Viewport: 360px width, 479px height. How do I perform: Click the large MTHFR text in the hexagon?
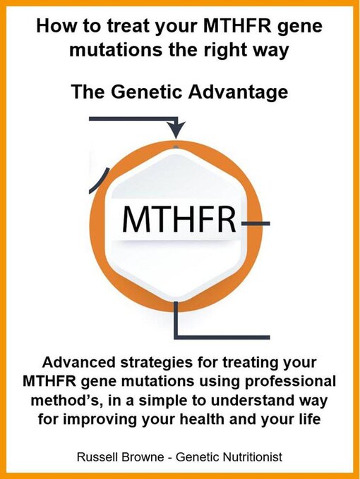[x=179, y=220]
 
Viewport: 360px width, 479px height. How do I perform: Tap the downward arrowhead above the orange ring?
[x=176, y=129]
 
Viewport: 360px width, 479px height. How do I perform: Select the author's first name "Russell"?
[x=100, y=457]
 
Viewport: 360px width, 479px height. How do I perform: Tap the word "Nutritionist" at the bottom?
[x=251, y=457]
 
